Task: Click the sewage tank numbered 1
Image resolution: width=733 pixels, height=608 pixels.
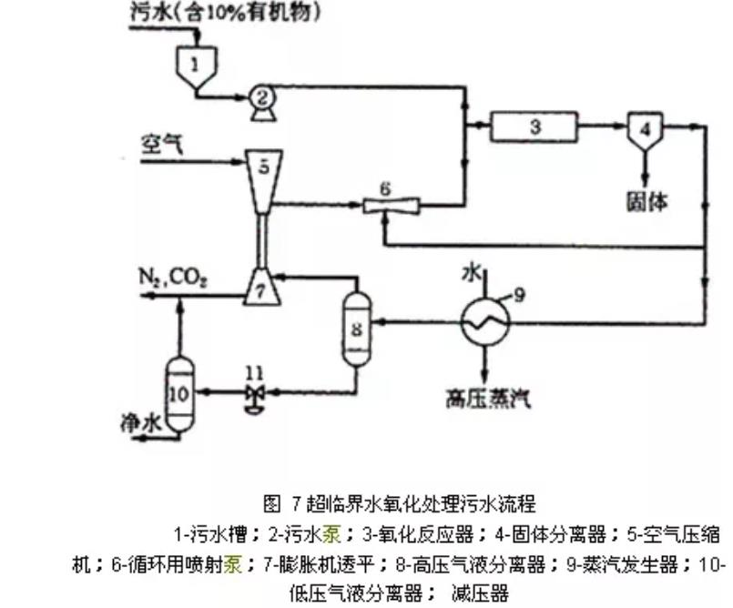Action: pyautogui.click(x=197, y=66)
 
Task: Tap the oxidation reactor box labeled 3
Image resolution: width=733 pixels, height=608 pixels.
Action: pyautogui.click(x=535, y=127)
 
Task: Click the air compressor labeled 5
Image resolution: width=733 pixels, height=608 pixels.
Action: pyautogui.click(x=262, y=173)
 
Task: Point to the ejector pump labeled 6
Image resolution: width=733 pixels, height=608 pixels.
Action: pyautogui.click(x=383, y=206)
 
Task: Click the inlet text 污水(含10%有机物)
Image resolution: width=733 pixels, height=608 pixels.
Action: pyautogui.click(x=214, y=13)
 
